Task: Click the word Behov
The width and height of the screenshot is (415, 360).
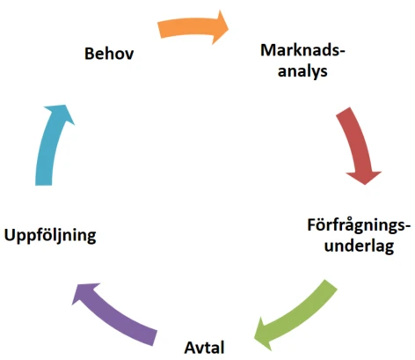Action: [109, 54]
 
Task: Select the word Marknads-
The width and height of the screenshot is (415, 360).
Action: [302, 50]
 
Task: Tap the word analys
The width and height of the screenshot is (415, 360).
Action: [302, 71]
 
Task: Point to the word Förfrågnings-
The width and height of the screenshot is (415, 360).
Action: [359, 226]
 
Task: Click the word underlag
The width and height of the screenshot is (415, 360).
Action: [359, 246]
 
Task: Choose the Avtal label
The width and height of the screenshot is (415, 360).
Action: [204, 348]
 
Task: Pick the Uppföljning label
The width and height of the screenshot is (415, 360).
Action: [50, 236]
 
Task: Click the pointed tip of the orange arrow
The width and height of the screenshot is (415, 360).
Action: [229, 28]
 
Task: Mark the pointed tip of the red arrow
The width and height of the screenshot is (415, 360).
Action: [365, 185]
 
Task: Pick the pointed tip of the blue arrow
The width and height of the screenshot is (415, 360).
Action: [65, 105]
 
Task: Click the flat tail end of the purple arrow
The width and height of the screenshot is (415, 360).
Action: [155, 338]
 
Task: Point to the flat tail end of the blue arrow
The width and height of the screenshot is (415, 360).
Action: [43, 185]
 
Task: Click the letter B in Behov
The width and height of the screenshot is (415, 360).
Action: [90, 54]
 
